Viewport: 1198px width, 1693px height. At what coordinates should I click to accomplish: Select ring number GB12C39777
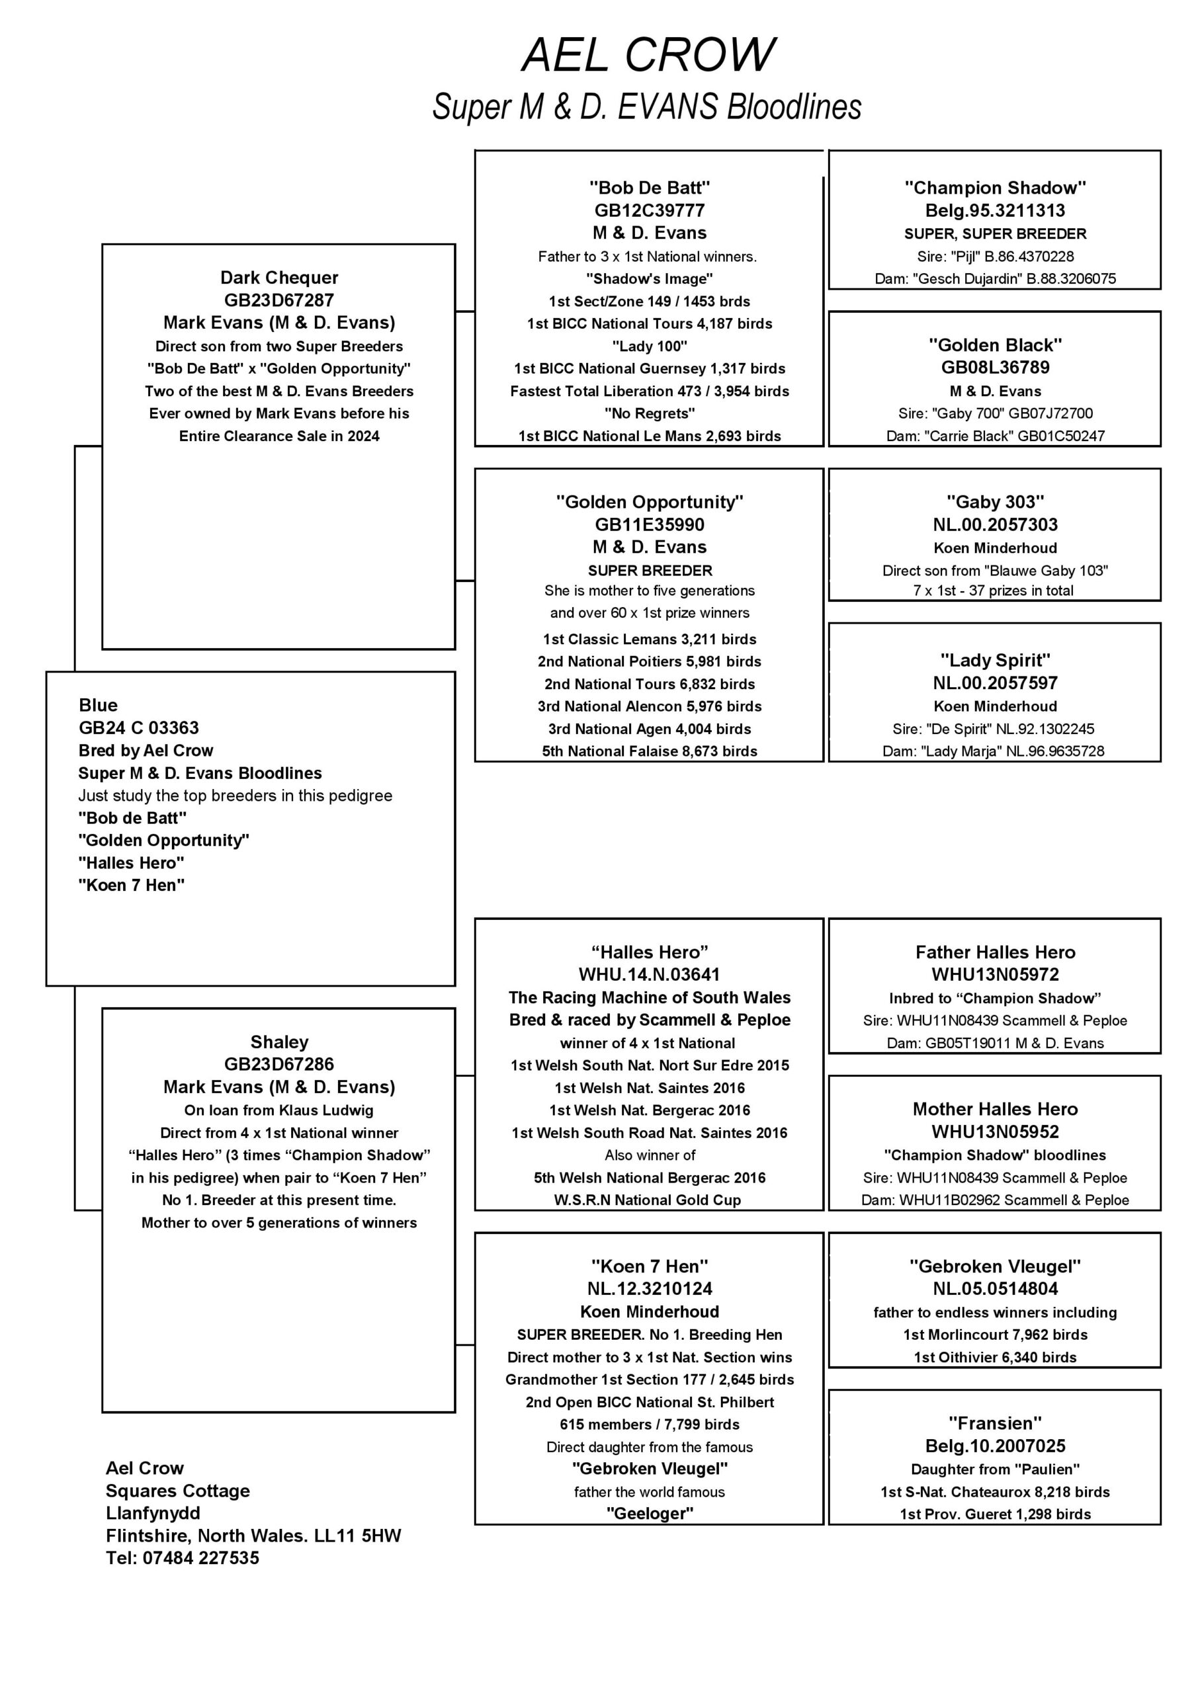point(649,211)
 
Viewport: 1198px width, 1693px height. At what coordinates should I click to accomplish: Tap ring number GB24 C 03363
point(139,727)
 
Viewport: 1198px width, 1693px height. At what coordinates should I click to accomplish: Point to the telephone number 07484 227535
point(200,1558)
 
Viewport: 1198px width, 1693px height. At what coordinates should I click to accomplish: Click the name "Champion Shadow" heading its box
point(995,188)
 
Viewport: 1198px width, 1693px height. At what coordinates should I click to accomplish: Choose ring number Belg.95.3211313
point(995,211)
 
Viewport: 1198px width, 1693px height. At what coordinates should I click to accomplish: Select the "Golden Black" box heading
point(995,345)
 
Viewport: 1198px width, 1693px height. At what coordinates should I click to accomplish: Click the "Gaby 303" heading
point(995,502)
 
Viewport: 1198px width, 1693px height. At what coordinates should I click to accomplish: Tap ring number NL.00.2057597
point(995,684)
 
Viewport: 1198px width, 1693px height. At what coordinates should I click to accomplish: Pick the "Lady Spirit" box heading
point(995,661)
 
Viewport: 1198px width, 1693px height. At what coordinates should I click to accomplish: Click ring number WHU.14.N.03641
point(649,975)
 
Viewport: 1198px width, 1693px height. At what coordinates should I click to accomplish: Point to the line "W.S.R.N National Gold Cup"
point(648,1200)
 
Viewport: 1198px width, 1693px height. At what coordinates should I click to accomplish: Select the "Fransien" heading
point(995,1424)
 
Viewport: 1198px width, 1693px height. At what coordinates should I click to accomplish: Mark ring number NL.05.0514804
point(995,1289)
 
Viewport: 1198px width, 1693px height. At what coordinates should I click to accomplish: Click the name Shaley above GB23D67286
point(279,1042)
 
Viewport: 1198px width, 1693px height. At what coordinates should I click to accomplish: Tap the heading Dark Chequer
point(279,278)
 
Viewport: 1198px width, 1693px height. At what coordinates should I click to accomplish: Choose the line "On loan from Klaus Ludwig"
point(279,1110)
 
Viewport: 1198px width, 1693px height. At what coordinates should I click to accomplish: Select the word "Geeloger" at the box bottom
point(649,1514)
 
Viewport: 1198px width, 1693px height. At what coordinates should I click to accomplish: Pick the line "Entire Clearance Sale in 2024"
point(279,436)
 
